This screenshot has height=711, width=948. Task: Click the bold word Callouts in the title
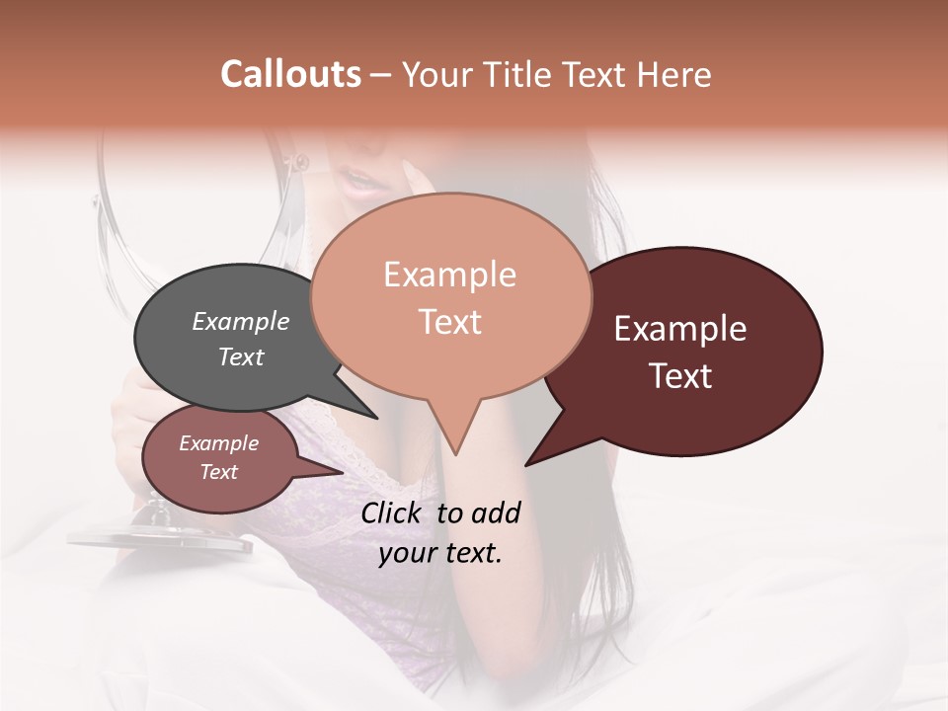[x=290, y=74]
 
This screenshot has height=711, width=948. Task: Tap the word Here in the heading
[x=675, y=75]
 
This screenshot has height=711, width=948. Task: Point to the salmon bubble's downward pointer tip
[x=455, y=453]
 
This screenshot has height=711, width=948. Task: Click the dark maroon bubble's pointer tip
[x=527, y=464]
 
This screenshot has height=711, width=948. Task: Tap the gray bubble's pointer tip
[x=376, y=417]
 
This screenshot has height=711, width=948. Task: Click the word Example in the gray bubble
[x=240, y=321]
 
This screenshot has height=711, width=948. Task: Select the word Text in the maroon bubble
[x=681, y=376]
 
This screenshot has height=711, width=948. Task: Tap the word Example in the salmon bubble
[x=449, y=275]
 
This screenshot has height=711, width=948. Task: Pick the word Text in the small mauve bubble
[x=219, y=472]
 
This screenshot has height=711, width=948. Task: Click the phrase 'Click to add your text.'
[x=440, y=532]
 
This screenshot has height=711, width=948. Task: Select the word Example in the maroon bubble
[x=680, y=329]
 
